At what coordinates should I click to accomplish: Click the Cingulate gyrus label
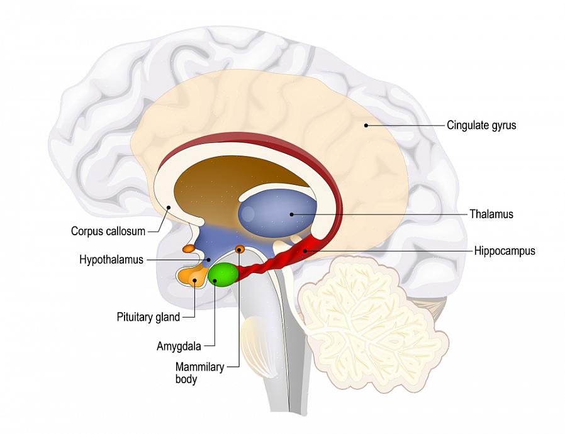click(x=481, y=125)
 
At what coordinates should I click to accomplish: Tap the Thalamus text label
click(x=491, y=214)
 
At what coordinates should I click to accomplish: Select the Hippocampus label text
click(x=505, y=251)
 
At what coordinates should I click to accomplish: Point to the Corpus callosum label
click(x=108, y=231)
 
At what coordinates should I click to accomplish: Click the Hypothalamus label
click(x=111, y=259)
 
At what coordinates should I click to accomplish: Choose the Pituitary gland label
click(x=148, y=317)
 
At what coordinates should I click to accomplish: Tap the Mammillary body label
click(x=199, y=373)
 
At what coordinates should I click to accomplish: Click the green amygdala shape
click(x=223, y=274)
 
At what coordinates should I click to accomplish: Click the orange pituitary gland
click(x=191, y=276)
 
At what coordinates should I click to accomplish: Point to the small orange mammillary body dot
click(x=240, y=250)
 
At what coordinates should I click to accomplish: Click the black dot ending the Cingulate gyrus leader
click(x=366, y=125)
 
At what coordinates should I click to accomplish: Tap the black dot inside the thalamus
click(x=292, y=214)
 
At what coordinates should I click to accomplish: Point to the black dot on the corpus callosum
click(x=169, y=207)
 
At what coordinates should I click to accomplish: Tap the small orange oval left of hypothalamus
click(x=188, y=248)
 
